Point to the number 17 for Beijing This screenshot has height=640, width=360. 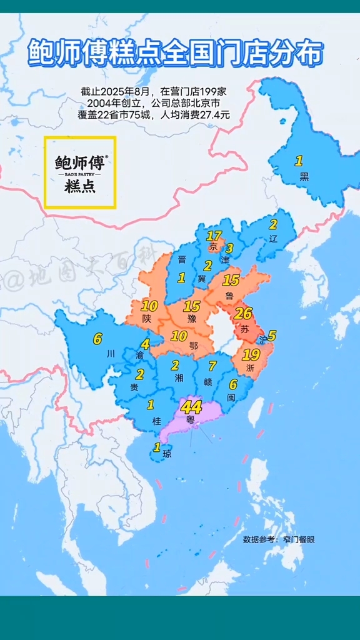(214, 236)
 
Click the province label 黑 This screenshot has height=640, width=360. (304, 176)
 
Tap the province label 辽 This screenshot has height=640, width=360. (272, 239)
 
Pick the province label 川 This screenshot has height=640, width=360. (111, 353)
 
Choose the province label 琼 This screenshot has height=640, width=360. (166, 454)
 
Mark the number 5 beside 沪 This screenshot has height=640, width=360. (271, 336)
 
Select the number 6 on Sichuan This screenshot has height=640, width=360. (97, 339)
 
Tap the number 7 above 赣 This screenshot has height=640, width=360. (212, 366)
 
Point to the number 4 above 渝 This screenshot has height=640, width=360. (145, 344)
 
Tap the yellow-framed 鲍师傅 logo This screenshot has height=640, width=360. (79, 172)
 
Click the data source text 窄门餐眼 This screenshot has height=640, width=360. (299, 538)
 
